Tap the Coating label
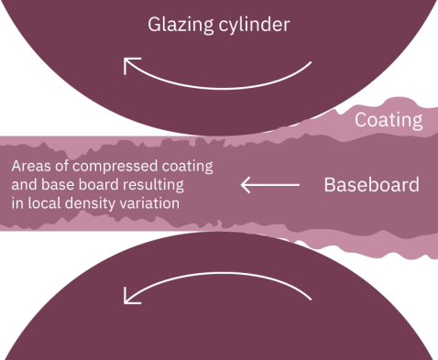(x=389, y=120)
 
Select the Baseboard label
(x=371, y=186)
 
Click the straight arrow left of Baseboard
(x=270, y=186)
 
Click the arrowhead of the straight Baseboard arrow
(x=246, y=186)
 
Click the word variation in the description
(x=144, y=203)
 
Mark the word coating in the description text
(x=187, y=169)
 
